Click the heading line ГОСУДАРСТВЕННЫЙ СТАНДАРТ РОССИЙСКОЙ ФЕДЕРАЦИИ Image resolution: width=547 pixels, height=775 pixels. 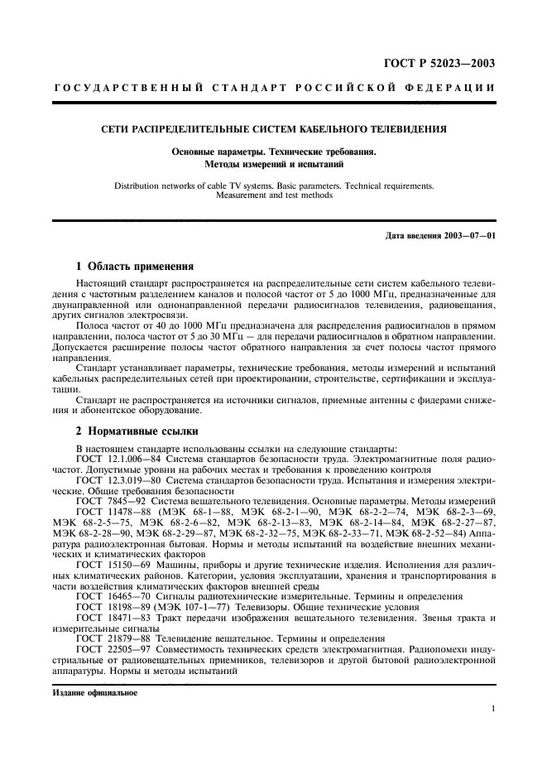point(274,89)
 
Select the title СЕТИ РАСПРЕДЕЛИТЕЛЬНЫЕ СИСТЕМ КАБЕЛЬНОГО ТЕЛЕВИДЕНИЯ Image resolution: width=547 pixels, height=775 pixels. point(273,130)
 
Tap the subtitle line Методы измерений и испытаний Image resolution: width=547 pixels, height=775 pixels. point(273,164)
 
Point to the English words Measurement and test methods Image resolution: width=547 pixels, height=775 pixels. point(273,195)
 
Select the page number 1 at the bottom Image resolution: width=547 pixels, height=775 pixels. point(492,709)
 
